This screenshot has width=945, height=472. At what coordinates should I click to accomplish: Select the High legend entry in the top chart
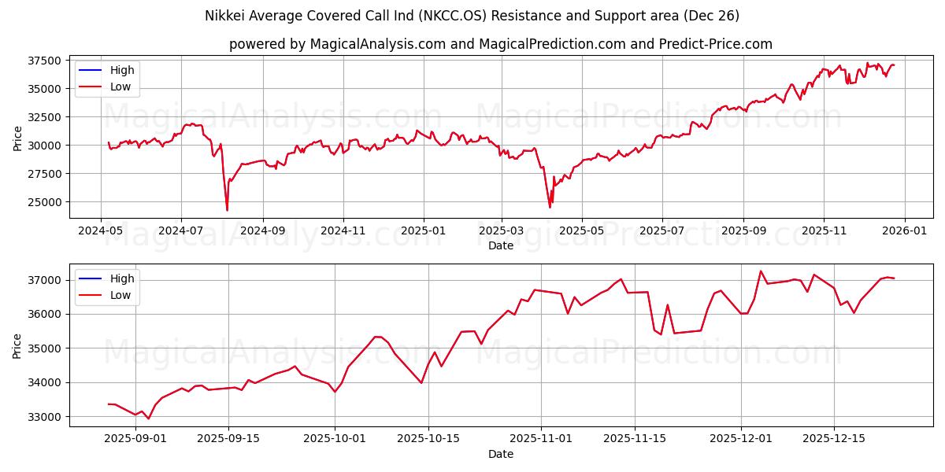pyautogui.click(x=122, y=70)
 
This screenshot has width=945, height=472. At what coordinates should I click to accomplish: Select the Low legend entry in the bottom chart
pyautogui.click(x=120, y=295)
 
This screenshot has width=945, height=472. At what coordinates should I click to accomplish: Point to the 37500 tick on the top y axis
pyautogui.click(x=45, y=61)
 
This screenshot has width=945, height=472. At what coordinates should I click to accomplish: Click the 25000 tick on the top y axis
pyautogui.click(x=45, y=202)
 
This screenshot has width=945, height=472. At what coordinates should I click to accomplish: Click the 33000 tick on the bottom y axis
pyautogui.click(x=45, y=417)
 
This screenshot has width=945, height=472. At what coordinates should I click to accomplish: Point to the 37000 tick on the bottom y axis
pyautogui.click(x=45, y=280)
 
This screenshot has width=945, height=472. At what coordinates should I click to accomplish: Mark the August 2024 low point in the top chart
pyautogui.click(x=227, y=210)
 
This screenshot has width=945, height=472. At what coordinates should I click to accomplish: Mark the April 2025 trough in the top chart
pyautogui.click(x=550, y=207)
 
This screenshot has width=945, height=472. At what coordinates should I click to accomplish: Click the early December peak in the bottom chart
pyautogui.click(x=761, y=271)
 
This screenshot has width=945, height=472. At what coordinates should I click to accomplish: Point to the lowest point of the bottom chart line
pyautogui.click(x=148, y=419)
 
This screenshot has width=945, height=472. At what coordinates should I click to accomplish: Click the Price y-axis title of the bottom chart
pyautogui.click(x=17, y=345)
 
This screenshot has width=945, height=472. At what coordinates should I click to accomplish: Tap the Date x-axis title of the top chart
pyautogui.click(x=500, y=245)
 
